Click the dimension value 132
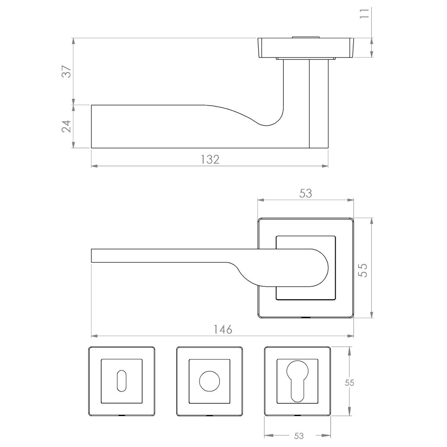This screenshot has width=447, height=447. click(x=210, y=160)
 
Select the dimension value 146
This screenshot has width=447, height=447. click(x=223, y=329)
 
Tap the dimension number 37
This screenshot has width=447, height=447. click(x=66, y=72)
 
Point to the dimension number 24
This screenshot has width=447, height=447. click(x=66, y=126)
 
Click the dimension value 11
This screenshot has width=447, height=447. click(x=364, y=13)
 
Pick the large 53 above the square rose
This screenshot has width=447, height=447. click(x=305, y=194)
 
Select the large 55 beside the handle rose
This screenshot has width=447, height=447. click(x=363, y=270)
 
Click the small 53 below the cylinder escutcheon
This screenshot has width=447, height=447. click(x=298, y=436)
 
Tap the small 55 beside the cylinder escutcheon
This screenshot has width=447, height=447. click(x=349, y=382)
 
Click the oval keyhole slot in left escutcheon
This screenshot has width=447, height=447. click(x=121, y=381)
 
